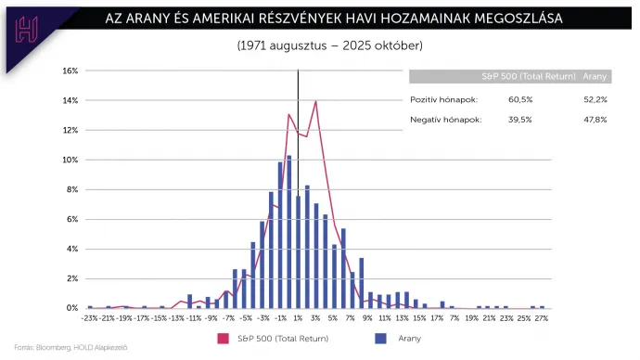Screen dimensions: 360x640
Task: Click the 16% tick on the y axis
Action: (x=70, y=71)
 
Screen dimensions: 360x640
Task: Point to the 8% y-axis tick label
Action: (x=72, y=189)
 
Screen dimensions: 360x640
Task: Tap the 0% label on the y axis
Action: (x=72, y=308)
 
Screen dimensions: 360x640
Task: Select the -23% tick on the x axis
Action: (x=90, y=317)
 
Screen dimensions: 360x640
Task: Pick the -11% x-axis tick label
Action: (x=195, y=317)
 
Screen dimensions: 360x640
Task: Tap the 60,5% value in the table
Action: (x=522, y=99)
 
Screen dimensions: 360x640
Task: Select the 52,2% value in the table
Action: (x=594, y=99)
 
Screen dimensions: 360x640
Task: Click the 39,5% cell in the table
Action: (x=522, y=120)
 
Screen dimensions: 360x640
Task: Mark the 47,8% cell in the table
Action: (x=594, y=120)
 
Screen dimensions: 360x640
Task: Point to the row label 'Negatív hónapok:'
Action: (x=446, y=120)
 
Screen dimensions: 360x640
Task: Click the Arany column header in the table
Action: (x=594, y=77)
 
